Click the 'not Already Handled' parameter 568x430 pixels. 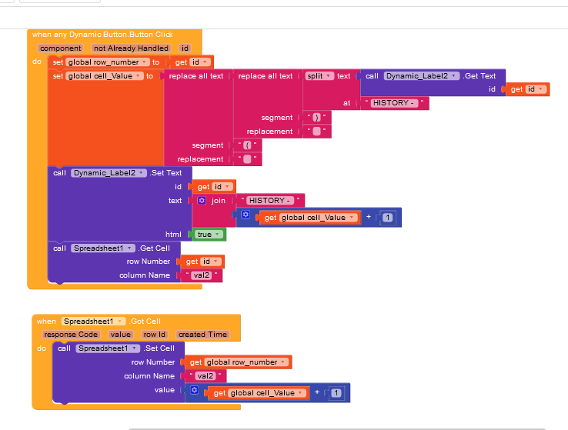[x=131, y=48]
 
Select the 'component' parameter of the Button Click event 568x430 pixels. [x=60, y=48]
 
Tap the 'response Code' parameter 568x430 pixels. [x=71, y=335]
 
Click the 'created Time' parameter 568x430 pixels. [x=202, y=335]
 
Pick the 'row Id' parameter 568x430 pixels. [x=155, y=335]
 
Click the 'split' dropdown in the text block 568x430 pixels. [x=319, y=75]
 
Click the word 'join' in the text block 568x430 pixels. [x=219, y=200]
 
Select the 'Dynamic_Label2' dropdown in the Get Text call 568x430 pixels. [x=422, y=75]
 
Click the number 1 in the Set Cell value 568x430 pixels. [x=336, y=393]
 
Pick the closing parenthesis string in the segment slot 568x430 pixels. [x=316, y=118]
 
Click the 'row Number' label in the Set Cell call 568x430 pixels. [x=153, y=362]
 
